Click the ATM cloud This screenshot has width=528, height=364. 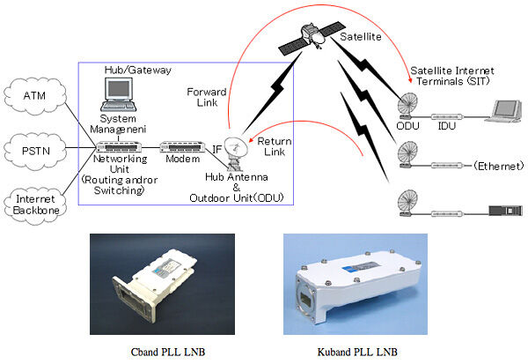pyautogui.click(x=34, y=95)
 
